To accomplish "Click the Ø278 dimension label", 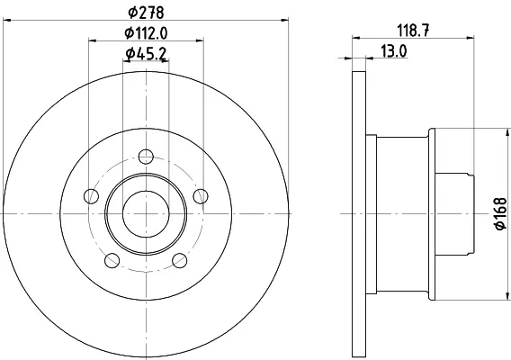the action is point(146,13).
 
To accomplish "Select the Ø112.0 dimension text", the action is point(146,33).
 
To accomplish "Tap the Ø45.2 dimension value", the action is point(146,54).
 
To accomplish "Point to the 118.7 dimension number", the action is point(413,31).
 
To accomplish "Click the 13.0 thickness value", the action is point(394,51).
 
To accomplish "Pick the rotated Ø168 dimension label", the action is point(501,213).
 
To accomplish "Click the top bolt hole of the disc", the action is point(146,157).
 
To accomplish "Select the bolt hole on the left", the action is point(91,196).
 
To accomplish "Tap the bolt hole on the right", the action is point(201,196).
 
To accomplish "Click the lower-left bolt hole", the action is point(112,260).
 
